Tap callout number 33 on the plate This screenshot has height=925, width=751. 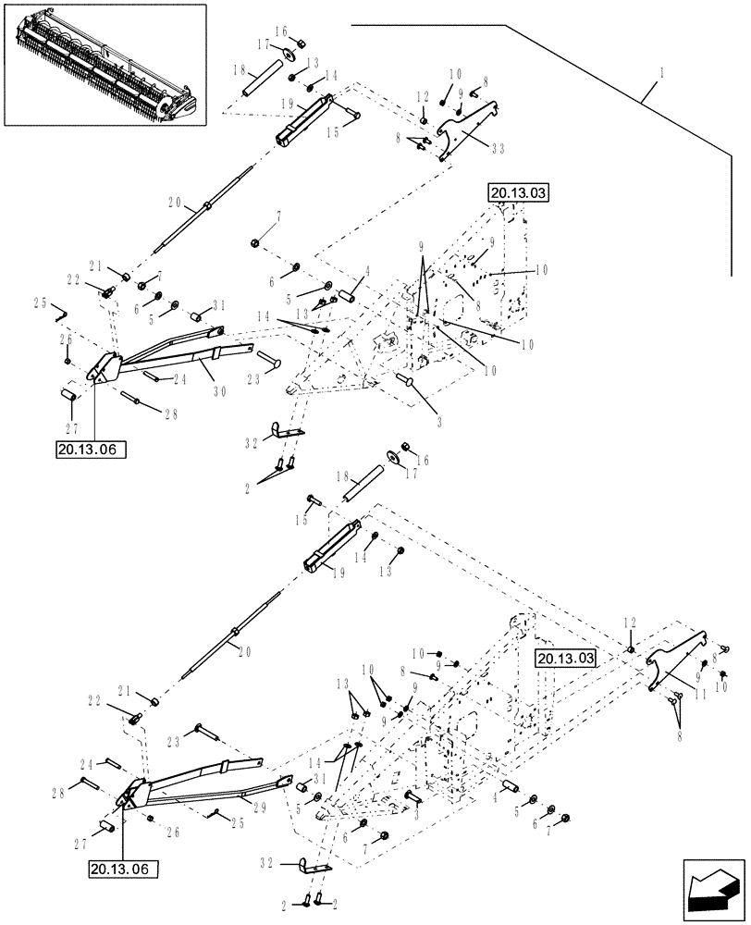(499, 147)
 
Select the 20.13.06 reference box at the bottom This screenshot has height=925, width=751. (124, 869)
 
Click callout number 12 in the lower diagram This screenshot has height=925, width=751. (631, 624)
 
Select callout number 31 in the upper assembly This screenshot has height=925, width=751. (219, 306)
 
